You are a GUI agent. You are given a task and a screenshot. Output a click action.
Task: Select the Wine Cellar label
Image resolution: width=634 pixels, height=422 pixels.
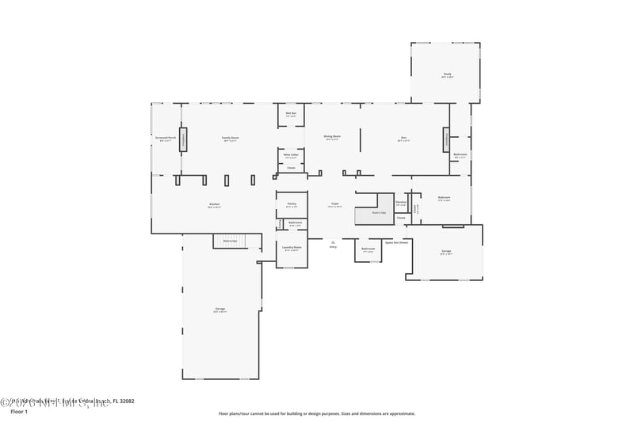[291, 156]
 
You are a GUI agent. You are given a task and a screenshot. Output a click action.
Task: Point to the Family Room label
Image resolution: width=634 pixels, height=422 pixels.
[231, 139]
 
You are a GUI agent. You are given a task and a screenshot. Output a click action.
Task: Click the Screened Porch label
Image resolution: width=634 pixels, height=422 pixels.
[166, 139]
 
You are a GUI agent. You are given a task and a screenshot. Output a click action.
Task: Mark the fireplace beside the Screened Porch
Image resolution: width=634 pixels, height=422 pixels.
[183, 139]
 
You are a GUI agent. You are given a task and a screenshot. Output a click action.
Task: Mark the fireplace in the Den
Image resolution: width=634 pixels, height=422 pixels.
[446, 139]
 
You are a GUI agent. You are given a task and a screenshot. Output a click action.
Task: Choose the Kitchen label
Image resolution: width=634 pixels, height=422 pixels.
[214, 205]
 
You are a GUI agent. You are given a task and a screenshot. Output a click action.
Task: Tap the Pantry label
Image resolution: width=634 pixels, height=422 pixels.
[292, 205]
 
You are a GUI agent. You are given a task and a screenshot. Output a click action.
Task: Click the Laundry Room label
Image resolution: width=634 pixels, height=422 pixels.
[292, 248]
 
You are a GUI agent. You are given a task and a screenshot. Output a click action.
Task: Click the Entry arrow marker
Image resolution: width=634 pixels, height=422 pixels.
[333, 243]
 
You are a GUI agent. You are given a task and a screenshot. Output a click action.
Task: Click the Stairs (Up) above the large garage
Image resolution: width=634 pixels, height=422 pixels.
[230, 241]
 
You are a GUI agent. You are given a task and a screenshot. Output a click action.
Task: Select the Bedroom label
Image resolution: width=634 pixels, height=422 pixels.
[444, 198]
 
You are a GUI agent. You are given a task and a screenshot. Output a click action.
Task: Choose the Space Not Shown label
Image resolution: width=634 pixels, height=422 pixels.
[396, 242]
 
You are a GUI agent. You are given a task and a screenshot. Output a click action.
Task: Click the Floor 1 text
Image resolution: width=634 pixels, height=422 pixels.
[18, 412]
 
